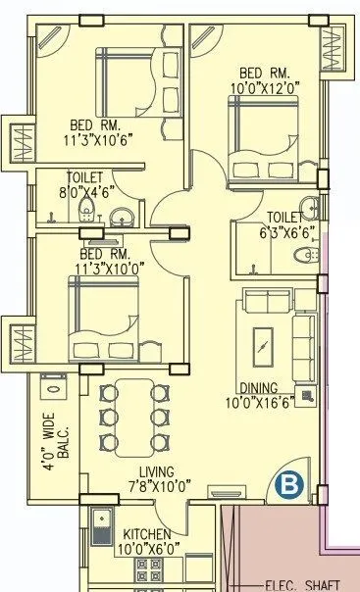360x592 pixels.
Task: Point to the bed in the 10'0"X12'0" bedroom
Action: click(x=262, y=137)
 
